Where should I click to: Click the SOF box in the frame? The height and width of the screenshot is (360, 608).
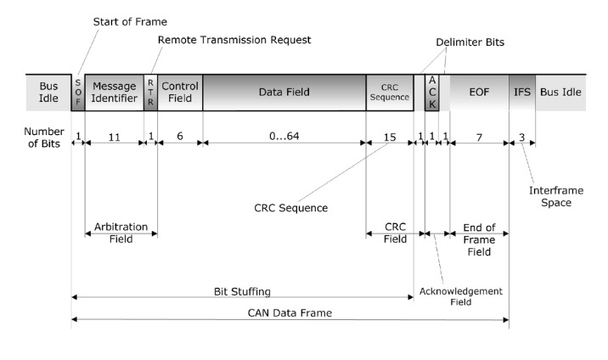click(78, 92)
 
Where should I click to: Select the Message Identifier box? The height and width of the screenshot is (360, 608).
click(115, 92)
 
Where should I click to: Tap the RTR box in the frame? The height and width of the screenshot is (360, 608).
click(151, 92)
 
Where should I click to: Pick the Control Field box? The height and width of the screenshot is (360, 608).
click(180, 92)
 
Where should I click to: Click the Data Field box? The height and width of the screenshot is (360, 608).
click(284, 92)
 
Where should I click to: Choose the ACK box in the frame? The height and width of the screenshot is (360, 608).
click(431, 92)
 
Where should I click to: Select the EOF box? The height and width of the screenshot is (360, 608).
click(479, 92)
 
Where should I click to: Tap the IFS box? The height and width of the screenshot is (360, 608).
click(521, 92)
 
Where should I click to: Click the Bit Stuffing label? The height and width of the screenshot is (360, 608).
click(242, 290)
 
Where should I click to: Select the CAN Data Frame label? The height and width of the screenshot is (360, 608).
click(289, 313)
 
